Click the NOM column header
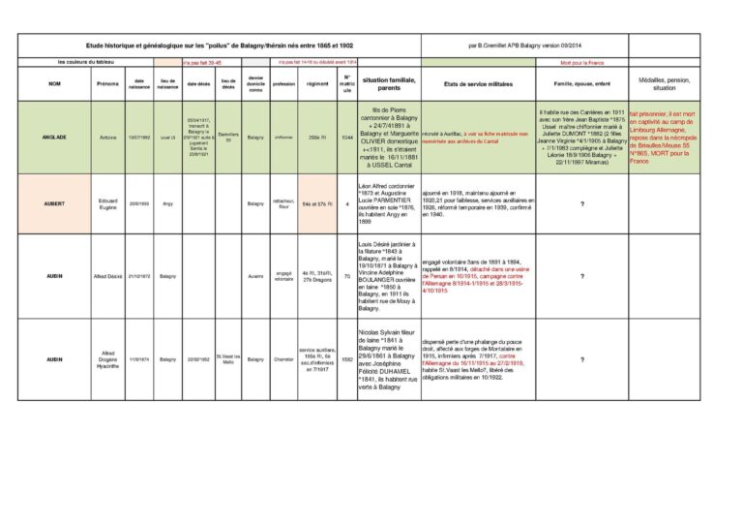[x=54, y=83]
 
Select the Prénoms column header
[x=108, y=83]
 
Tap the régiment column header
[x=317, y=83]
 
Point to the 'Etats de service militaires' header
[x=477, y=83]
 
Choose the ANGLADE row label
[x=54, y=139]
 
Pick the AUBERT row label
[x=54, y=203]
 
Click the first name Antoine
[x=108, y=139]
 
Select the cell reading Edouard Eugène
[x=108, y=203]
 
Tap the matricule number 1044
[x=346, y=139]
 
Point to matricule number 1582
[x=346, y=359]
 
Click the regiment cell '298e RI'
[x=317, y=139]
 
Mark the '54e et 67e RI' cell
[x=317, y=203]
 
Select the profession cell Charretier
[x=284, y=359]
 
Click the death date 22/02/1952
[x=199, y=359]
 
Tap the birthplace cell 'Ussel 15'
[x=168, y=139]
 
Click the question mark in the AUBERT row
[x=581, y=203]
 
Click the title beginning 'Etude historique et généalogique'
[x=219, y=45]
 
